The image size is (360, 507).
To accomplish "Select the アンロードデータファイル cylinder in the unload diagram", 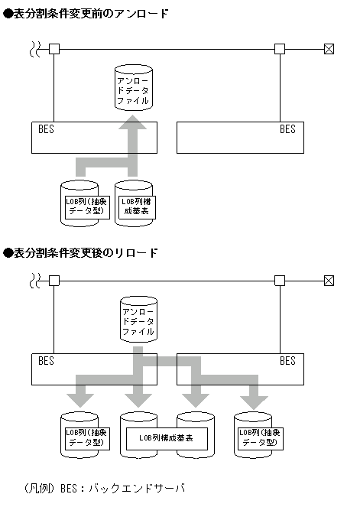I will [x=133, y=89].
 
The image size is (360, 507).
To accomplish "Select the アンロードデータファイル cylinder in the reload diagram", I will [x=138, y=320].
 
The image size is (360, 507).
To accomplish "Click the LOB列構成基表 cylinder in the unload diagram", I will [x=134, y=203].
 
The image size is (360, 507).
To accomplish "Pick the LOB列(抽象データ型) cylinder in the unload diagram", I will [x=79, y=203].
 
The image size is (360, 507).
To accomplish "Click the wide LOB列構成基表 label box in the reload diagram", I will [x=165, y=437].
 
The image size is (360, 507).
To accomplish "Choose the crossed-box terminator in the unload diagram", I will [x=329, y=49].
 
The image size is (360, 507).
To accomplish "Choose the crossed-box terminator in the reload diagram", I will [x=329, y=281].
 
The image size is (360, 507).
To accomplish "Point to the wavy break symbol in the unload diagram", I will [x=35, y=49].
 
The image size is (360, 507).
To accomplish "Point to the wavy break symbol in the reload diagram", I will [x=35, y=281].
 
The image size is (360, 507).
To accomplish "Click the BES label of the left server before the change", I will [x=46, y=129].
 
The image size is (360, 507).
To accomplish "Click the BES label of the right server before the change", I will [x=287, y=129].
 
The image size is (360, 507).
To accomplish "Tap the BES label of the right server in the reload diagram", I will [x=287, y=361].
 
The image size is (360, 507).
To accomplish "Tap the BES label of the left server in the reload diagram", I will [x=46, y=361].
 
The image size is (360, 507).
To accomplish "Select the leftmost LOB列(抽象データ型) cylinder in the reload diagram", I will [x=79, y=436].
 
